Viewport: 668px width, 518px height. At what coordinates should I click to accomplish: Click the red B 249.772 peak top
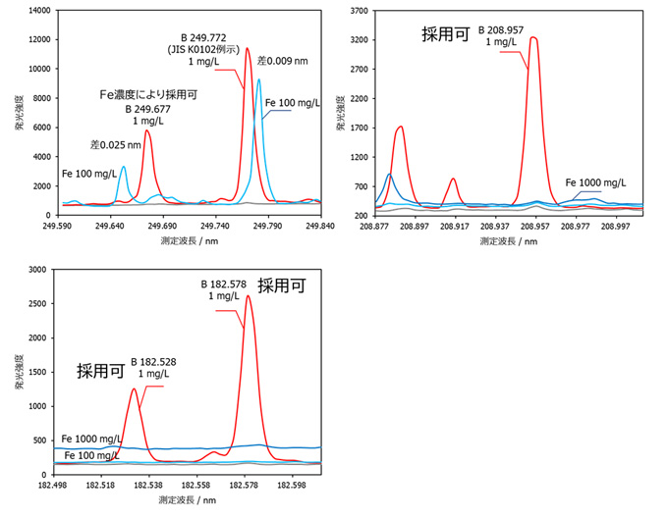[x=248, y=48]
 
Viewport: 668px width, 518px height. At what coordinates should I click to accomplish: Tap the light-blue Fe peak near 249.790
[x=259, y=80]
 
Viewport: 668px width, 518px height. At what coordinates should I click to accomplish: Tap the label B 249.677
[x=148, y=109]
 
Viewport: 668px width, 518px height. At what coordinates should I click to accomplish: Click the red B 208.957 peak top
[x=533, y=38]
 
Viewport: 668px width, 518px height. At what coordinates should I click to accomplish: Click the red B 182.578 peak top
[x=249, y=296]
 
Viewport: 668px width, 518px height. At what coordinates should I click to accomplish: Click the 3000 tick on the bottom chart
[x=38, y=269]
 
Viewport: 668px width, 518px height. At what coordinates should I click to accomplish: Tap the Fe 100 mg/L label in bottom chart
[x=90, y=455]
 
